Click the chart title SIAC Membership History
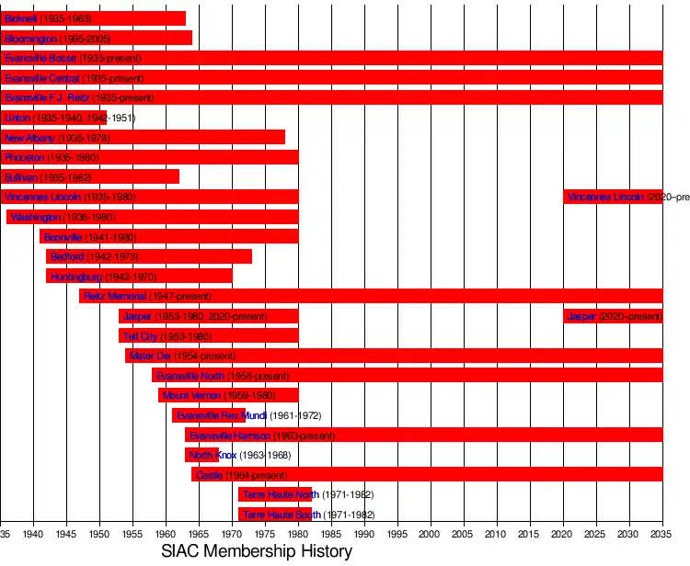pos(256,551)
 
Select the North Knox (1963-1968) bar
pos(201,455)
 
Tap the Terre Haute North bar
pos(274,494)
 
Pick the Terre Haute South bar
pos(274,515)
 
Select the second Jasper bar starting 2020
pos(613,316)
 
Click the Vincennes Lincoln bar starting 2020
pos(613,197)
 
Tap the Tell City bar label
pos(142,336)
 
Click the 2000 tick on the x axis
pos(431,533)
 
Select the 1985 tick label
pos(331,533)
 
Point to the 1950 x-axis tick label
pos(99,533)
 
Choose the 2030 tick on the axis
pos(629,533)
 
